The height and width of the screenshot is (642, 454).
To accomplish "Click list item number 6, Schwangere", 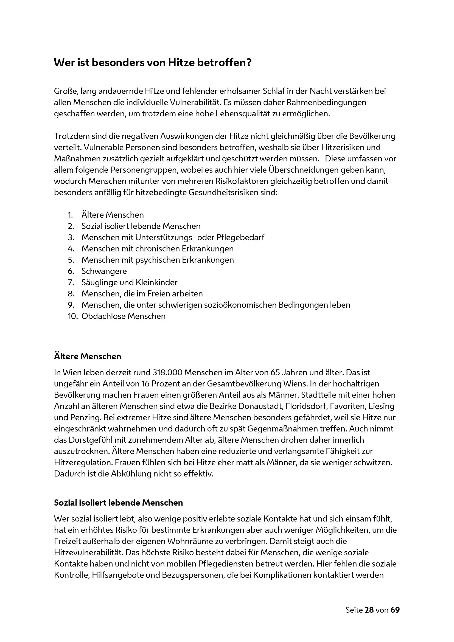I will [x=104, y=271].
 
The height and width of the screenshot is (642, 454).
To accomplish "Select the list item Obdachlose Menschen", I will [x=123, y=316].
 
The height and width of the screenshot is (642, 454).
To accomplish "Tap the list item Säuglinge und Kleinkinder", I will [x=129, y=282].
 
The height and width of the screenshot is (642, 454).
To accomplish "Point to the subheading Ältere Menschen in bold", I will [x=88, y=357].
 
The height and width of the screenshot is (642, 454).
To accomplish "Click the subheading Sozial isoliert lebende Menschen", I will [x=118, y=503].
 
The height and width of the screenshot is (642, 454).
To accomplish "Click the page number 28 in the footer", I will [x=369, y=610].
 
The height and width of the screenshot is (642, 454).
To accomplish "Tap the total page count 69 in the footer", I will [x=395, y=610].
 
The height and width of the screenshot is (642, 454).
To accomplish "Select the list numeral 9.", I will [x=71, y=305].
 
